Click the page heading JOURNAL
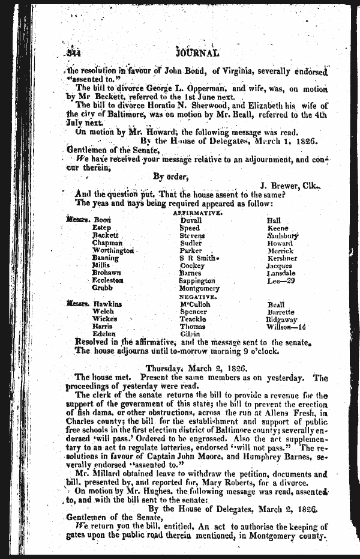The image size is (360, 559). click(199, 52)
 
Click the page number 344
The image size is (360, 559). click(74, 52)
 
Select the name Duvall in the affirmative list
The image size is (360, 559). click(191, 220)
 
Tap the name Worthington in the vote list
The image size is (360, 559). click(113, 250)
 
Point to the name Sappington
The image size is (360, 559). click(197, 280)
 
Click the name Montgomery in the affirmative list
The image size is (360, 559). click(199, 288)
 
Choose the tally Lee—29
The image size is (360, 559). click(280, 280)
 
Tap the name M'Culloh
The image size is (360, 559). click(195, 304)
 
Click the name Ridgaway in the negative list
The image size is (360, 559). click(281, 319)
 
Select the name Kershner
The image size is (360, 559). click(280, 258)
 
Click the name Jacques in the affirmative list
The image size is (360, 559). click(279, 265)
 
